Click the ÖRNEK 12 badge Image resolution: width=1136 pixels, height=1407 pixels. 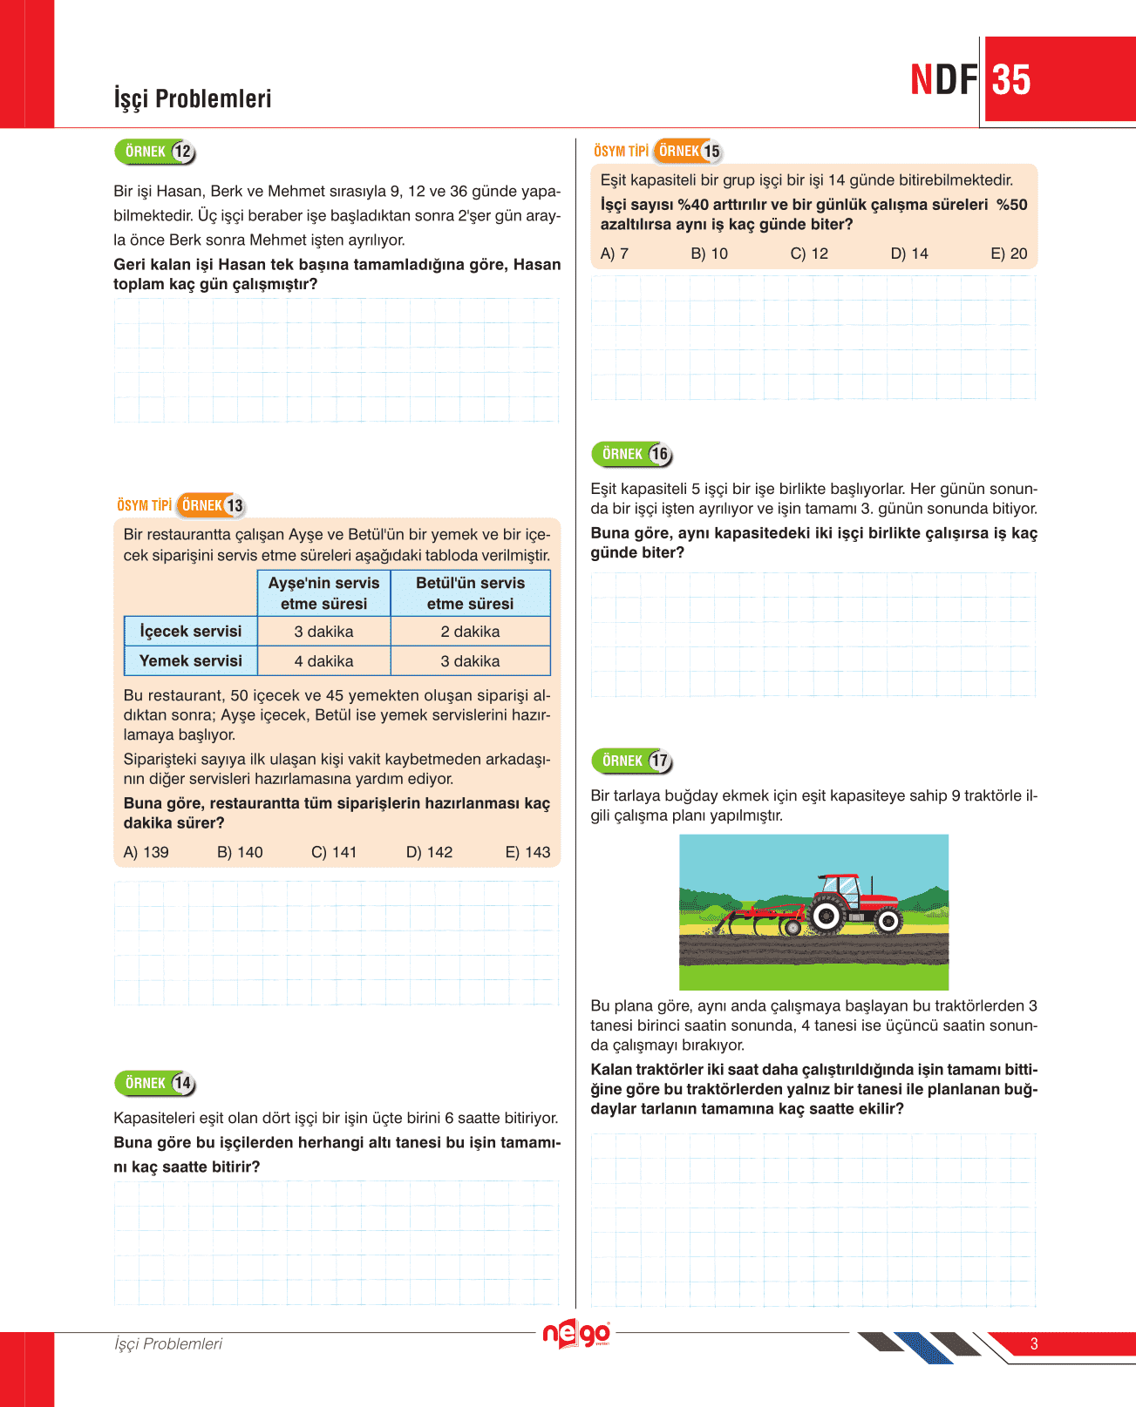coord(155,152)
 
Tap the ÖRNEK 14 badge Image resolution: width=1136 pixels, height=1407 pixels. coord(155,1083)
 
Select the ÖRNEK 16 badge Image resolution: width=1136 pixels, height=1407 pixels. coord(632,454)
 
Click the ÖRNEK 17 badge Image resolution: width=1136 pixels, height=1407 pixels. coord(632,761)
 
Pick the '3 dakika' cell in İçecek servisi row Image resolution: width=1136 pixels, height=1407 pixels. coord(323,632)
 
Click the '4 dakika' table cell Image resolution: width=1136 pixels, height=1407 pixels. coord(323,661)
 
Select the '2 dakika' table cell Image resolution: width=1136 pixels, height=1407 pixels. coord(470,632)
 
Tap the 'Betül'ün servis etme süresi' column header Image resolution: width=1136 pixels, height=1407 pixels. coord(470,593)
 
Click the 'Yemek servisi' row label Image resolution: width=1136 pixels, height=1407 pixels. coord(191,661)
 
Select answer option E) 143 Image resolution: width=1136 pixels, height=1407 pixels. coord(527,852)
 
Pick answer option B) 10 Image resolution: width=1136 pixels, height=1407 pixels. coord(709,254)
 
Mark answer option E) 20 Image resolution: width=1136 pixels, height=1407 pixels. coord(1009,254)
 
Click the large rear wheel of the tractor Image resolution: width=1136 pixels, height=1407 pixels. coord(825,915)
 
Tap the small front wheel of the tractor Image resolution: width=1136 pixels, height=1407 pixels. coord(888,920)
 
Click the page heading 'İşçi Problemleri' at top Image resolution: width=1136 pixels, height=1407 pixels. coord(193,98)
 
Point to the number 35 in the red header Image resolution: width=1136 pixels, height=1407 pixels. coord(1011,80)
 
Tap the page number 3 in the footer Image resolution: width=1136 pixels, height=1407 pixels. coord(1034,1343)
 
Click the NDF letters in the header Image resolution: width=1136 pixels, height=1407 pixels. coord(943,80)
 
